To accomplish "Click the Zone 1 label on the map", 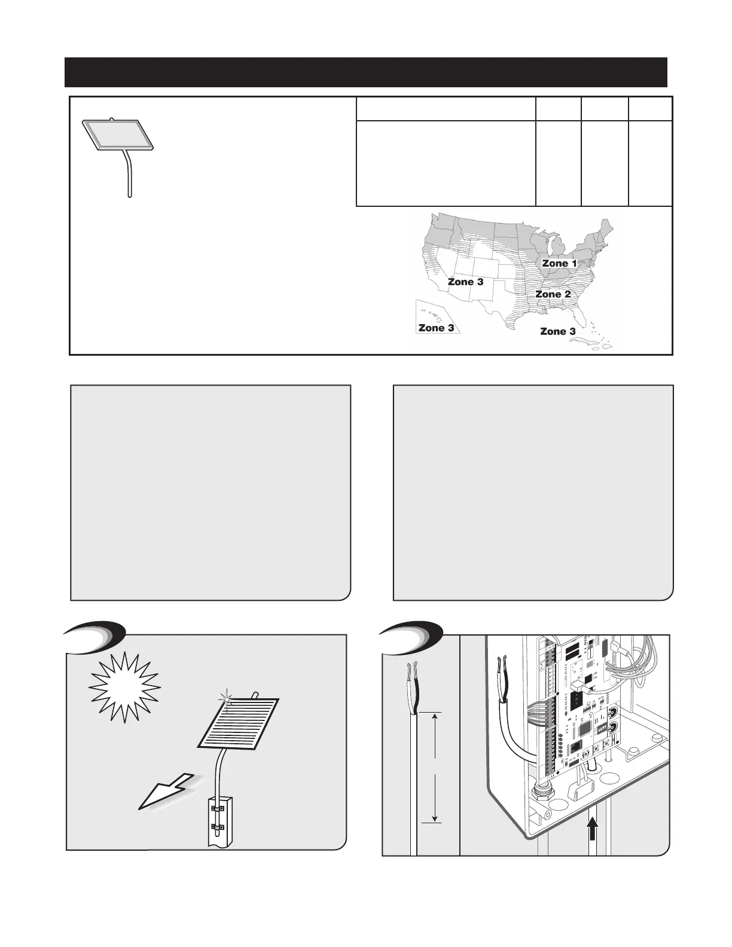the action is pos(559,263).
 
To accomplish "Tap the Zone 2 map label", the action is pos(553,294).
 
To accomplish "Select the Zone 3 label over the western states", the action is pos(465,281).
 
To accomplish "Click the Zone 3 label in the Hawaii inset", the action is pos(436,328).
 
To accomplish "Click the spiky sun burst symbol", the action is pos(124,687).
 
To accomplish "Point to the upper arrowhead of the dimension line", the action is pos(435,717).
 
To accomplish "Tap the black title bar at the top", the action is pos(365,72).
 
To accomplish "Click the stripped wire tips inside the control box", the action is pos(502,664).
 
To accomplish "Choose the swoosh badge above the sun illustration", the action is pos(96,636).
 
